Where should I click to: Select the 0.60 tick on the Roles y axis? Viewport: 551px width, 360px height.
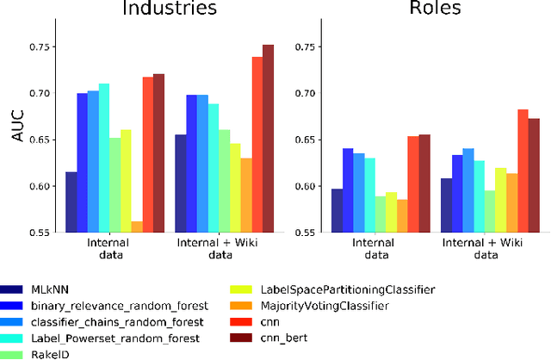pos(307,186)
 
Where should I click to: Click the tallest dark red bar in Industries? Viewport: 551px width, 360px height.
pos(268,138)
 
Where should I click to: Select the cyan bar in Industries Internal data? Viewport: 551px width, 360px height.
pos(104,158)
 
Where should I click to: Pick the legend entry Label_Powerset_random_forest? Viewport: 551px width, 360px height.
pos(115,338)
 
